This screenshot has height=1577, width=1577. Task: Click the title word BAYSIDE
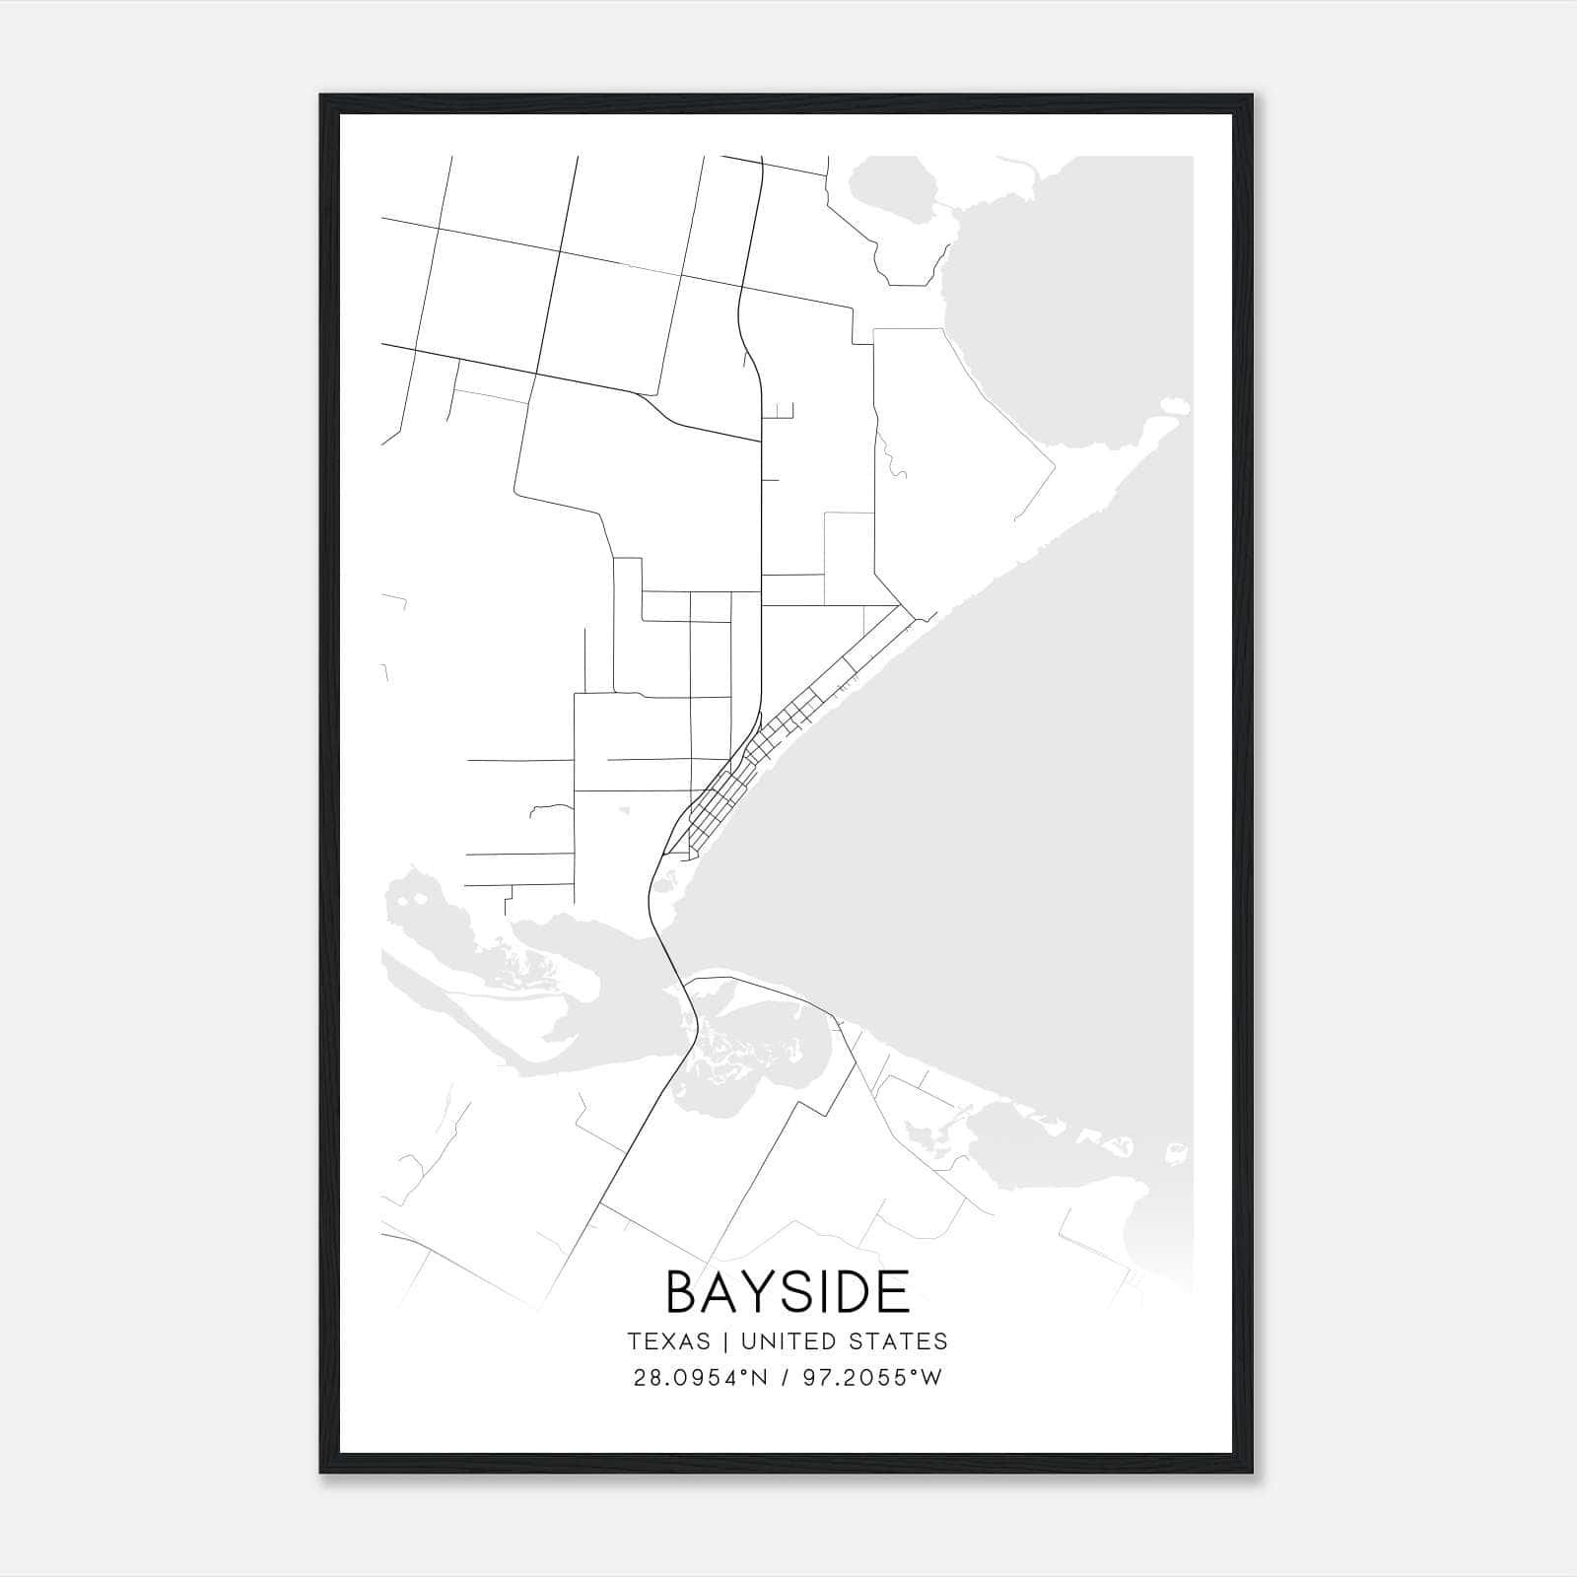pyautogui.click(x=788, y=1292)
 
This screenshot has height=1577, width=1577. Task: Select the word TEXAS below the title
pyautogui.click(x=668, y=1341)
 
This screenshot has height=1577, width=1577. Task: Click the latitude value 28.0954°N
pyautogui.click(x=699, y=1378)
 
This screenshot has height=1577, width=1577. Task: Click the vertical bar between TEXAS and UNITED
pyautogui.click(x=725, y=1341)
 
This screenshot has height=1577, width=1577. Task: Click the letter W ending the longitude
pyautogui.click(x=932, y=1378)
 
